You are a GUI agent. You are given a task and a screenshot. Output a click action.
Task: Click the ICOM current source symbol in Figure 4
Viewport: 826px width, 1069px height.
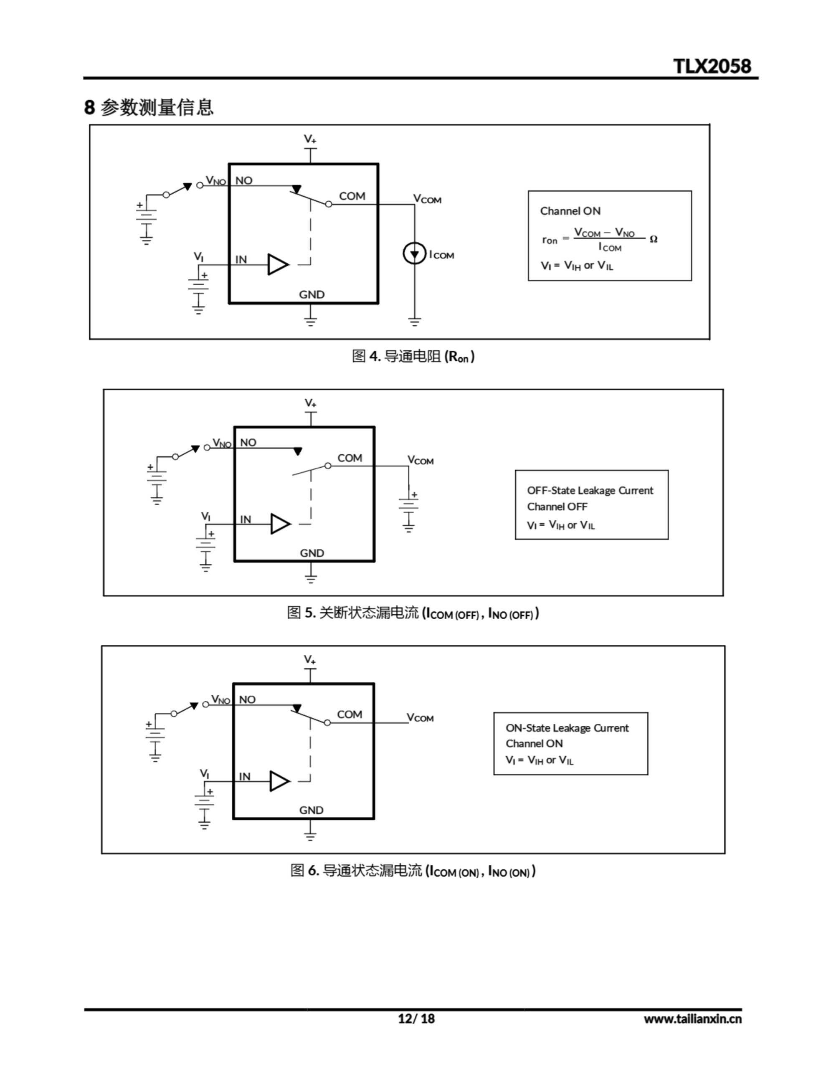(x=414, y=254)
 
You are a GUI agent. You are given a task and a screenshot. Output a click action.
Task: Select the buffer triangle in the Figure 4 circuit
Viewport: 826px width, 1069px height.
(x=277, y=264)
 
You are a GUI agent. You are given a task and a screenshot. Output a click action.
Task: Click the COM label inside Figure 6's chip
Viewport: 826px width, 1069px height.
(x=350, y=714)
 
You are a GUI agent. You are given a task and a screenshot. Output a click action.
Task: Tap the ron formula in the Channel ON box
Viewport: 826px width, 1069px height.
(x=599, y=239)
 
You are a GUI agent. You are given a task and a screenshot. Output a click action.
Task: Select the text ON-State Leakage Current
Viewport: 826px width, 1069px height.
(x=567, y=728)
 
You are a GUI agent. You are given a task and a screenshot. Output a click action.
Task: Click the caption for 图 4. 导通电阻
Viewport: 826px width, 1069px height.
(x=413, y=356)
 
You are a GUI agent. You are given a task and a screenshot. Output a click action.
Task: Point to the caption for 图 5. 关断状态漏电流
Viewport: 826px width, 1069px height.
(x=413, y=613)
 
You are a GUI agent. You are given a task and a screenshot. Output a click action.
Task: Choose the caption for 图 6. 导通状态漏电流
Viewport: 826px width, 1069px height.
(x=413, y=870)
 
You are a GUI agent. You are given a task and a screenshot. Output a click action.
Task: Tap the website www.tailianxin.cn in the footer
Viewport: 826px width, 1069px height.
(x=692, y=1019)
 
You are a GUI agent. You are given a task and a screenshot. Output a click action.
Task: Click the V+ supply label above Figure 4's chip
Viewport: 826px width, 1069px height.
(x=310, y=139)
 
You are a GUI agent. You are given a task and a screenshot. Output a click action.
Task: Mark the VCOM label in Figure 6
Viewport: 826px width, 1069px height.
(x=420, y=717)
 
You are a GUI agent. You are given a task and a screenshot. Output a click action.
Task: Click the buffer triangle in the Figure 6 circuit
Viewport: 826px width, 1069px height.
(x=279, y=781)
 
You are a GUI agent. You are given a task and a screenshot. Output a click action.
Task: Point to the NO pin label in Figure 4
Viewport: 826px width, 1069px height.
(x=244, y=181)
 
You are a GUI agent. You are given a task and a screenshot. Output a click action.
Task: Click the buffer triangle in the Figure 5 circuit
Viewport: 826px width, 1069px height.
(x=281, y=524)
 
